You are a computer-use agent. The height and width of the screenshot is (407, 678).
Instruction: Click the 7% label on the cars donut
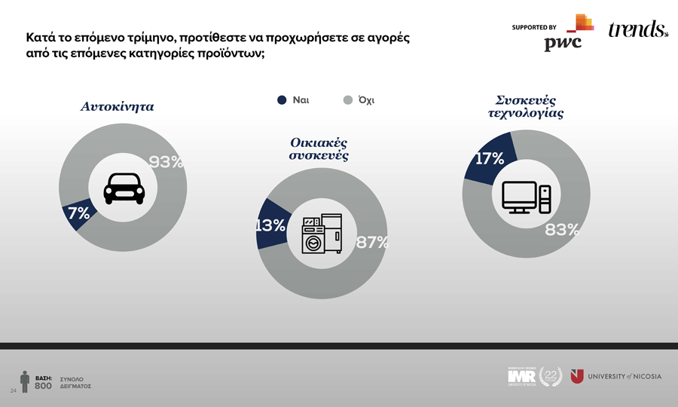point(79,213)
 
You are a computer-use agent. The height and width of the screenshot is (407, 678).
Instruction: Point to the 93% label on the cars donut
point(166,162)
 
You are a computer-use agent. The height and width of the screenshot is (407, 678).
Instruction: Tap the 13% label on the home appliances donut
point(269,225)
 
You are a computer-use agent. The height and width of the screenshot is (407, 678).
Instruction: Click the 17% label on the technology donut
point(490,158)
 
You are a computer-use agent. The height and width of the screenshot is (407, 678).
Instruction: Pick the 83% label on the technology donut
point(562,230)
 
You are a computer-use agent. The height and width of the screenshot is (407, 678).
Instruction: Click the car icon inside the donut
point(124,188)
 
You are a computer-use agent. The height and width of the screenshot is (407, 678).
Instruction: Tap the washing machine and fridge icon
point(322,234)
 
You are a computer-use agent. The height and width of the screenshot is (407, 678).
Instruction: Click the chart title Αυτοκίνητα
point(118,107)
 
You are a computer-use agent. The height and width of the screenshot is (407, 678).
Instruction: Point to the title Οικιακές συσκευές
point(319,149)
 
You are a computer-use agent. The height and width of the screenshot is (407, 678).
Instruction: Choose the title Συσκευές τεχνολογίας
point(526,107)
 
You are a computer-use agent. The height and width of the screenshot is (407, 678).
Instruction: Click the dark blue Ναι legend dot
point(282,100)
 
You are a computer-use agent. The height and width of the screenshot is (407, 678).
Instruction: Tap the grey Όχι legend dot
point(348,100)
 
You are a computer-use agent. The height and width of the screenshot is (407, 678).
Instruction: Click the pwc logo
point(563,43)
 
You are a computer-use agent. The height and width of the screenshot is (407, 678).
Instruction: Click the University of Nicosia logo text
point(624,376)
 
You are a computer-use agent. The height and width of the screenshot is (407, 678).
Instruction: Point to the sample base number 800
point(43,386)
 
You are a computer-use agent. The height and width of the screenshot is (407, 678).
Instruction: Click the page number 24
point(13,392)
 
